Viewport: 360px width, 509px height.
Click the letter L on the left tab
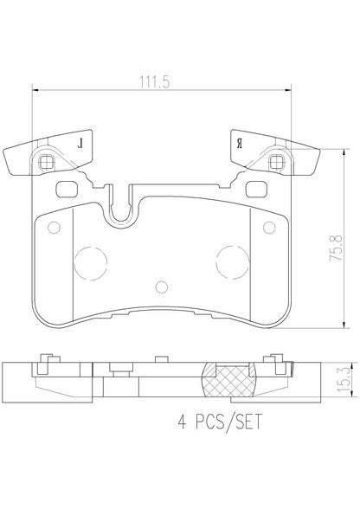tap(81, 142)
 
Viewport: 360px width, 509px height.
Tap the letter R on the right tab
tap(238, 142)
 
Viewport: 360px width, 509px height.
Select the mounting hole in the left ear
tap(47, 162)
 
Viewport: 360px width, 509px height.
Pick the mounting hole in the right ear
tap(276, 162)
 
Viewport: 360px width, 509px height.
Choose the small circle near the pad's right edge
tap(268, 228)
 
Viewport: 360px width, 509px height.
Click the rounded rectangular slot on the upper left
tap(66, 189)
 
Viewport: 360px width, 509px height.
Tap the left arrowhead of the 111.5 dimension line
tap(35, 89)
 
